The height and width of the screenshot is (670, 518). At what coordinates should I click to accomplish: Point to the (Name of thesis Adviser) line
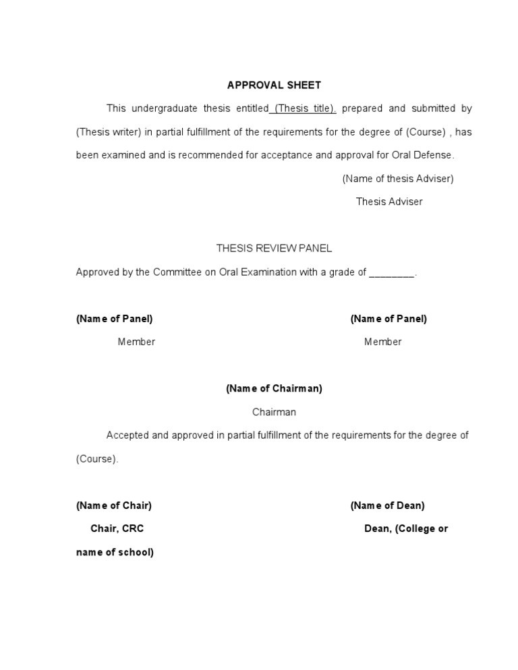click(x=397, y=179)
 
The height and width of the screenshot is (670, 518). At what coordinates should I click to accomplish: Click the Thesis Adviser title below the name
click(x=389, y=202)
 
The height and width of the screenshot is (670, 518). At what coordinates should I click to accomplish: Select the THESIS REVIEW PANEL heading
click(x=274, y=249)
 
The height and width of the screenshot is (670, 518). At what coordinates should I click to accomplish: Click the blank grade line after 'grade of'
click(x=393, y=272)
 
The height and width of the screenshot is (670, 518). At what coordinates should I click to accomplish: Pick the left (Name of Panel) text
click(x=115, y=319)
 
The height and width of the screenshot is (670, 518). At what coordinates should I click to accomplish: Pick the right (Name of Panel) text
click(x=388, y=319)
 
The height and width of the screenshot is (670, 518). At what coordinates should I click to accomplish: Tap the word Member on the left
click(x=136, y=342)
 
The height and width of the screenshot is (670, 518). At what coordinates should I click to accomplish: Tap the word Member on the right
click(x=382, y=342)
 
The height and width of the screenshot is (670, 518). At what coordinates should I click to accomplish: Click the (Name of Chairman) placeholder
click(x=274, y=389)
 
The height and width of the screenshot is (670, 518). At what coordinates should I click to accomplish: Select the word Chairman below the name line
click(x=274, y=412)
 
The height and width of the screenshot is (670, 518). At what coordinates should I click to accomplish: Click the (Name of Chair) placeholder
click(x=114, y=506)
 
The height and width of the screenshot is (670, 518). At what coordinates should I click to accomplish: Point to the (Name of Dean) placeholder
click(x=387, y=506)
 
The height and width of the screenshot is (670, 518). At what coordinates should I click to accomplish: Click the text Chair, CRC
click(x=117, y=529)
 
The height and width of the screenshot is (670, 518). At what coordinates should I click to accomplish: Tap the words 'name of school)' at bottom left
click(x=115, y=553)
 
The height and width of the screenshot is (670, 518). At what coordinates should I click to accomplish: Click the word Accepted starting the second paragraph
click(x=127, y=435)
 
